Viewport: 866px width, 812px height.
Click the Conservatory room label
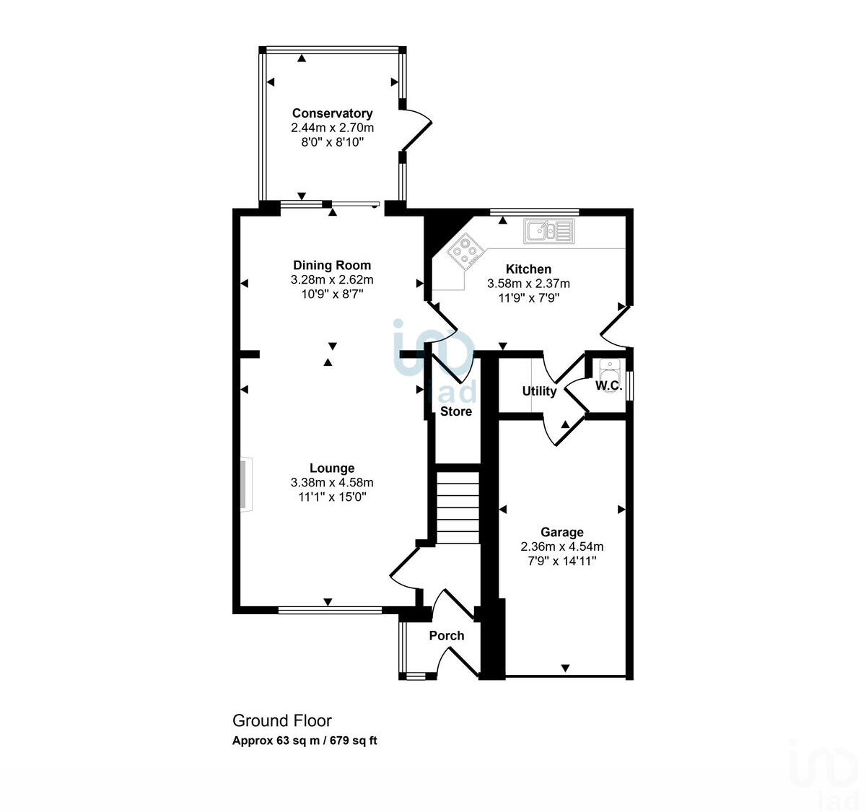point(332,113)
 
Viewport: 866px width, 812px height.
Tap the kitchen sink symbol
point(548,231)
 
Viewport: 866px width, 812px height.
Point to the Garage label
point(561,532)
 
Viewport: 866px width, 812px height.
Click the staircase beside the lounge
point(458,507)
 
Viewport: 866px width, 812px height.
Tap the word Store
point(456,411)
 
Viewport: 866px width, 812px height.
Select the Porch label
point(446,635)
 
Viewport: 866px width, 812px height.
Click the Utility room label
point(539,391)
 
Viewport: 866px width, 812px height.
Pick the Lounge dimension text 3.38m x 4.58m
point(332,482)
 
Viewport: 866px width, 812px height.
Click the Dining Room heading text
point(332,265)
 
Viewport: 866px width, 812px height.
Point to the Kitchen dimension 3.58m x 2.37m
point(528,284)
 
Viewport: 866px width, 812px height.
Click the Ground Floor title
point(281,720)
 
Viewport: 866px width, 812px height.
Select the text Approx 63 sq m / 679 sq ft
point(305,741)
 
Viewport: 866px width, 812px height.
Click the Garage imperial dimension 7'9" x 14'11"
point(561,561)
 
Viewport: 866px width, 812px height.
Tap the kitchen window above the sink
point(534,212)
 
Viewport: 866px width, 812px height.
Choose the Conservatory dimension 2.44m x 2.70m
point(332,128)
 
